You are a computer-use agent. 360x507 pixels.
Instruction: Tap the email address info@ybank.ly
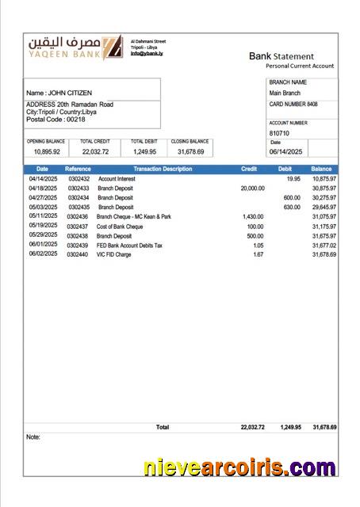click(x=147, y=53)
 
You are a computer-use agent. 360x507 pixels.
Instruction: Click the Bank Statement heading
click(x=281, y=56)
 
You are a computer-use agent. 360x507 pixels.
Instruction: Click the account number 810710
click(x=281, y=133)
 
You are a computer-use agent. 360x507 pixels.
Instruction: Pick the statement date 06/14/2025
click(x=286, y=151)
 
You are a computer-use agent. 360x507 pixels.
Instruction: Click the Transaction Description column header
click(x=162, y=169)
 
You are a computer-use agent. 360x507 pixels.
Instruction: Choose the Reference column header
click(x=78, y=169)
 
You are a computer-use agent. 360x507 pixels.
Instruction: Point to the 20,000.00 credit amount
click(x=252, y=189)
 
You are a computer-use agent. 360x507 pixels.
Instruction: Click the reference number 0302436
click(x=78, y=216)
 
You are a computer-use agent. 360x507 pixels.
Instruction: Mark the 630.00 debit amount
click(x=292, y=207)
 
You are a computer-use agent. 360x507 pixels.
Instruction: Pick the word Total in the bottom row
click(x=163, y=427)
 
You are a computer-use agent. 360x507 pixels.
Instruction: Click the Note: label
click(x=33, y=436)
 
